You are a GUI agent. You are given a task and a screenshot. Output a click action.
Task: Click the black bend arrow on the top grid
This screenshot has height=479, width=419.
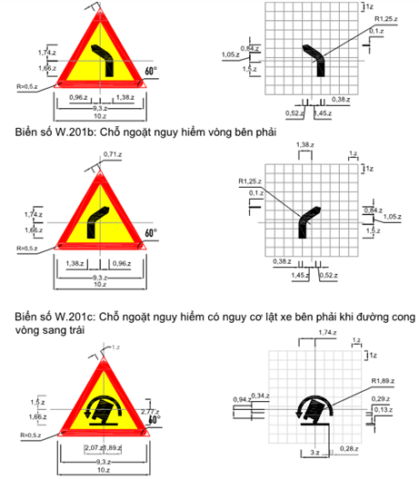pyautogui.click(x=315, y=58)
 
